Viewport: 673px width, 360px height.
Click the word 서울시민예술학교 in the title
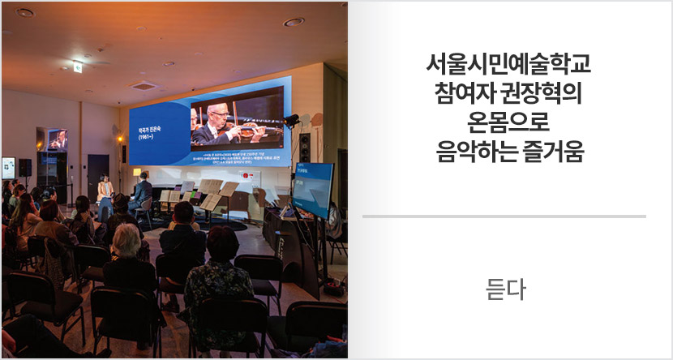(508, 63)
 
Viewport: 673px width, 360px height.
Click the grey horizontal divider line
(504, 216)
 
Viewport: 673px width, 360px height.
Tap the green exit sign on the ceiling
(77, 66)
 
